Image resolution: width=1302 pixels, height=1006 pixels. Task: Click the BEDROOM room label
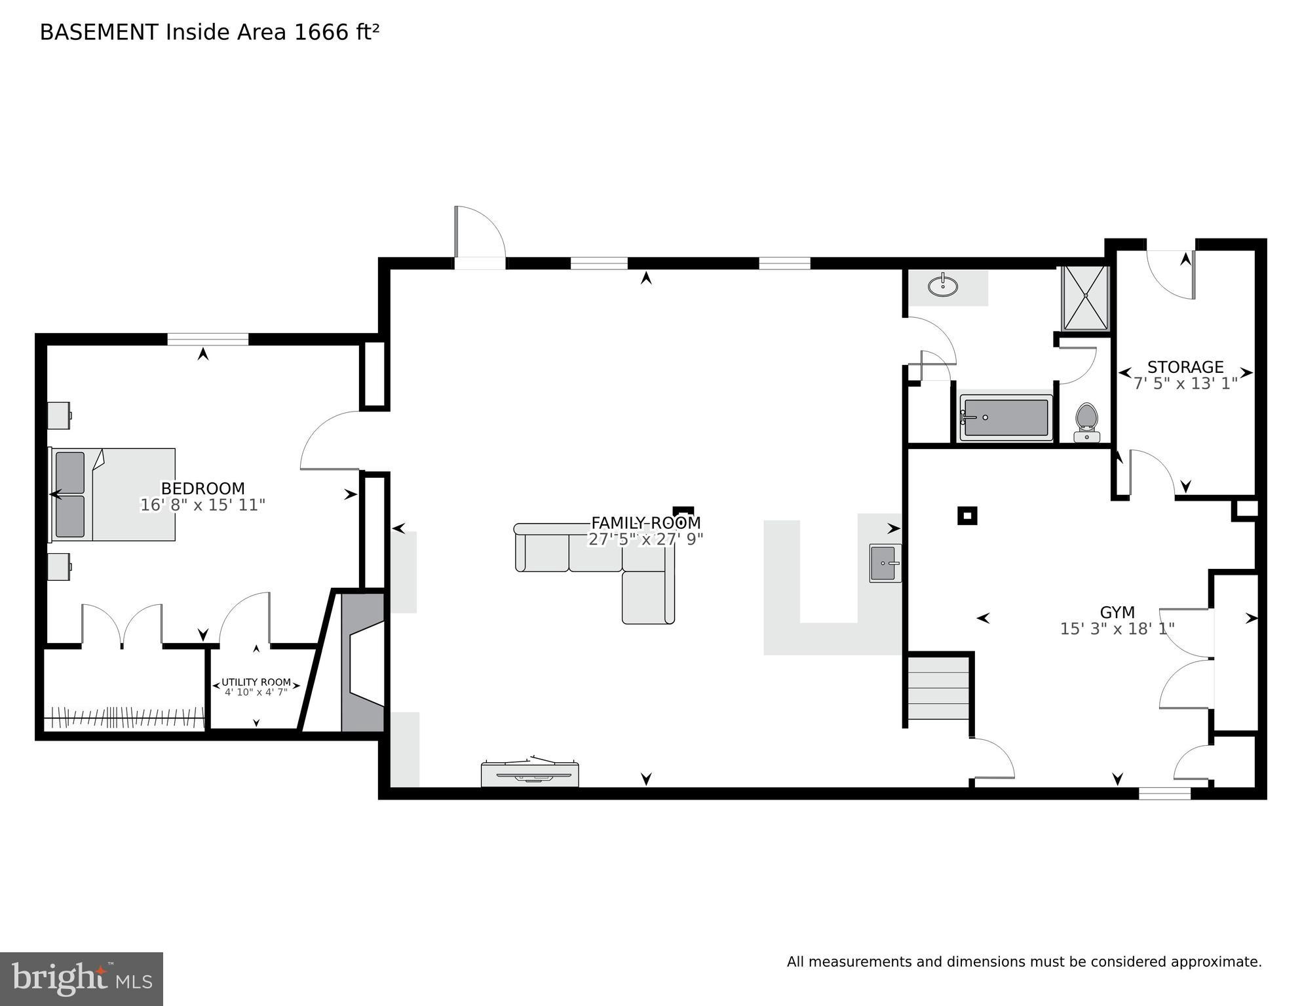[x=202, y=489]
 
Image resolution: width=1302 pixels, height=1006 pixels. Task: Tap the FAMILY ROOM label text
[x=645, y=523]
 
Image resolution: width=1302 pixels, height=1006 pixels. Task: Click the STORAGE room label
[x=1185, y=367]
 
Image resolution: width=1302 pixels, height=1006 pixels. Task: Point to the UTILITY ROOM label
[x=256, y=682]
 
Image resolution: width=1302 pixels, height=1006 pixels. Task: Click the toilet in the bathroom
[x=1086, y=422]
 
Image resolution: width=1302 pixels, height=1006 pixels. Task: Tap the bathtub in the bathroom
[x=1006, y=417]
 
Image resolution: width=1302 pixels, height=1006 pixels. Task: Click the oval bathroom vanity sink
[x=942, y=286]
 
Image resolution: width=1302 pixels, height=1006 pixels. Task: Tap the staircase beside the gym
[x=938, y=688]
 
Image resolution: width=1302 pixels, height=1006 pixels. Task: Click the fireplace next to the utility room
[x=363, y=662]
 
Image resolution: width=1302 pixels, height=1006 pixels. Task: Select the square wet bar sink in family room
[x=885, y=563]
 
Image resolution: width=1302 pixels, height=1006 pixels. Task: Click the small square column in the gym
[x=967, y=516]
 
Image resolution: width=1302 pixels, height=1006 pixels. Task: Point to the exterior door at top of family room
[x=480, y=263]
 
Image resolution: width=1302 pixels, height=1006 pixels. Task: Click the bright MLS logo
[x=81, y=978]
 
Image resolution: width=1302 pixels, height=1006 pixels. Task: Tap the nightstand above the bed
[x=59, y=416]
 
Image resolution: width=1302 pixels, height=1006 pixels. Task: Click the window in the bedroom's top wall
[x=208, y=339]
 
